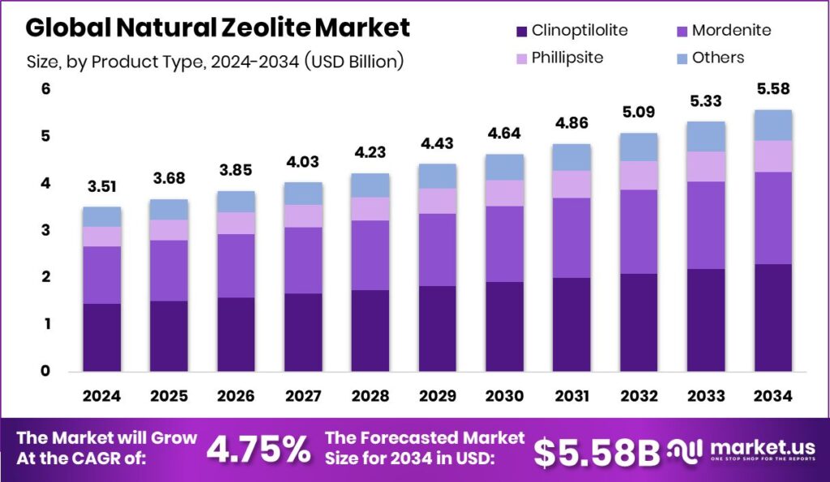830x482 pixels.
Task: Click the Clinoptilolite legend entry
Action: pos(579,31)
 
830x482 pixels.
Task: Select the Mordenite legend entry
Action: pos(725,31)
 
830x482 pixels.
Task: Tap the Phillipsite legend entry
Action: pos(568,58)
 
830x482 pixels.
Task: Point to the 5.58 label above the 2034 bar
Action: pos(772,88)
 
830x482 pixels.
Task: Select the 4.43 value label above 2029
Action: pos(437,144)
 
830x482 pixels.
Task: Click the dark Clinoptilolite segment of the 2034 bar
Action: pos(772,317)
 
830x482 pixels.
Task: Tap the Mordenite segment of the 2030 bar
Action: pos(504,244)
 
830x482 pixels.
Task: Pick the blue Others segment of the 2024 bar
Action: pos(102,216)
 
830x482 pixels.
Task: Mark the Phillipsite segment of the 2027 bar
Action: pos(303,215)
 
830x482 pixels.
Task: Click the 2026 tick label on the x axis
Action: pos(236,397)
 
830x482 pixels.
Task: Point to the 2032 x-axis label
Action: pos(638,397)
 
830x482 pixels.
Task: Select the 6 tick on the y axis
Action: pos(45,89)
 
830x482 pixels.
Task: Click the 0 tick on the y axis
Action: pos(45,371)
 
